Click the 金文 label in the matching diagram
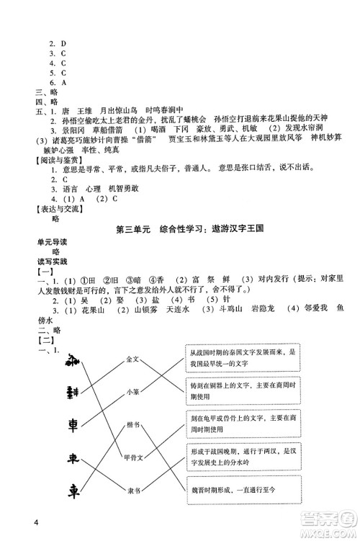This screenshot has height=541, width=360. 132,358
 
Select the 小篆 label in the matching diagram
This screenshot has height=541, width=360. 132,392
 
